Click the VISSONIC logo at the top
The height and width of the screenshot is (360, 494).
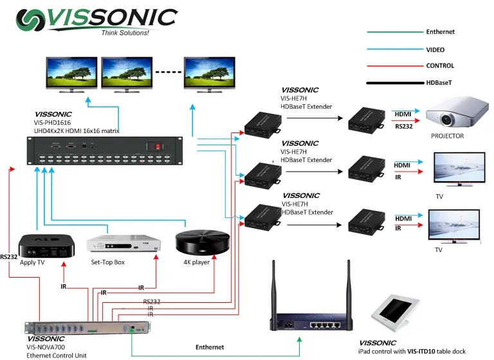96,19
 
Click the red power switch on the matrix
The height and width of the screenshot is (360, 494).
153,146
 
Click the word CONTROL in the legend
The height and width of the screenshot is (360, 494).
440,66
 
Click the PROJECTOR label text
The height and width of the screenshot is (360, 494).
447,136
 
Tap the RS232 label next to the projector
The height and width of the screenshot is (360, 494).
404,127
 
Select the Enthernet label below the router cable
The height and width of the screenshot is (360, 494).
210,347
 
